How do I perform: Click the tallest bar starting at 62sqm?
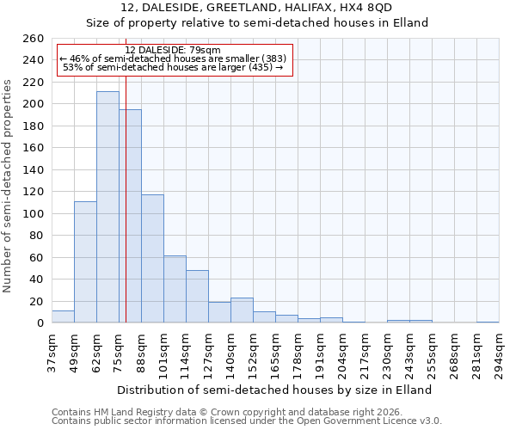(x=107, y=206)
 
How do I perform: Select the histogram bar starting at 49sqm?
(x=85, y=262)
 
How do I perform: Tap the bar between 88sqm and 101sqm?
(x=152, y=258)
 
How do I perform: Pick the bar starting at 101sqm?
(x=175, y=289)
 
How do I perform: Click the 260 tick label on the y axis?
(x=32, y=39)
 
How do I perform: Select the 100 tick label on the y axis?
(x=32, y=214)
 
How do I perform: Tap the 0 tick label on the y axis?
(x=40, y=323)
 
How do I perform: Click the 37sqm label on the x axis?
(x=52, y=353)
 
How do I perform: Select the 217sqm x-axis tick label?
(x=365, y=353)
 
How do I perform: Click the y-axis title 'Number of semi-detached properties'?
(x=9, y=186)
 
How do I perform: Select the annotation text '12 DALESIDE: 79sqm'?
(x=173, y=50)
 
